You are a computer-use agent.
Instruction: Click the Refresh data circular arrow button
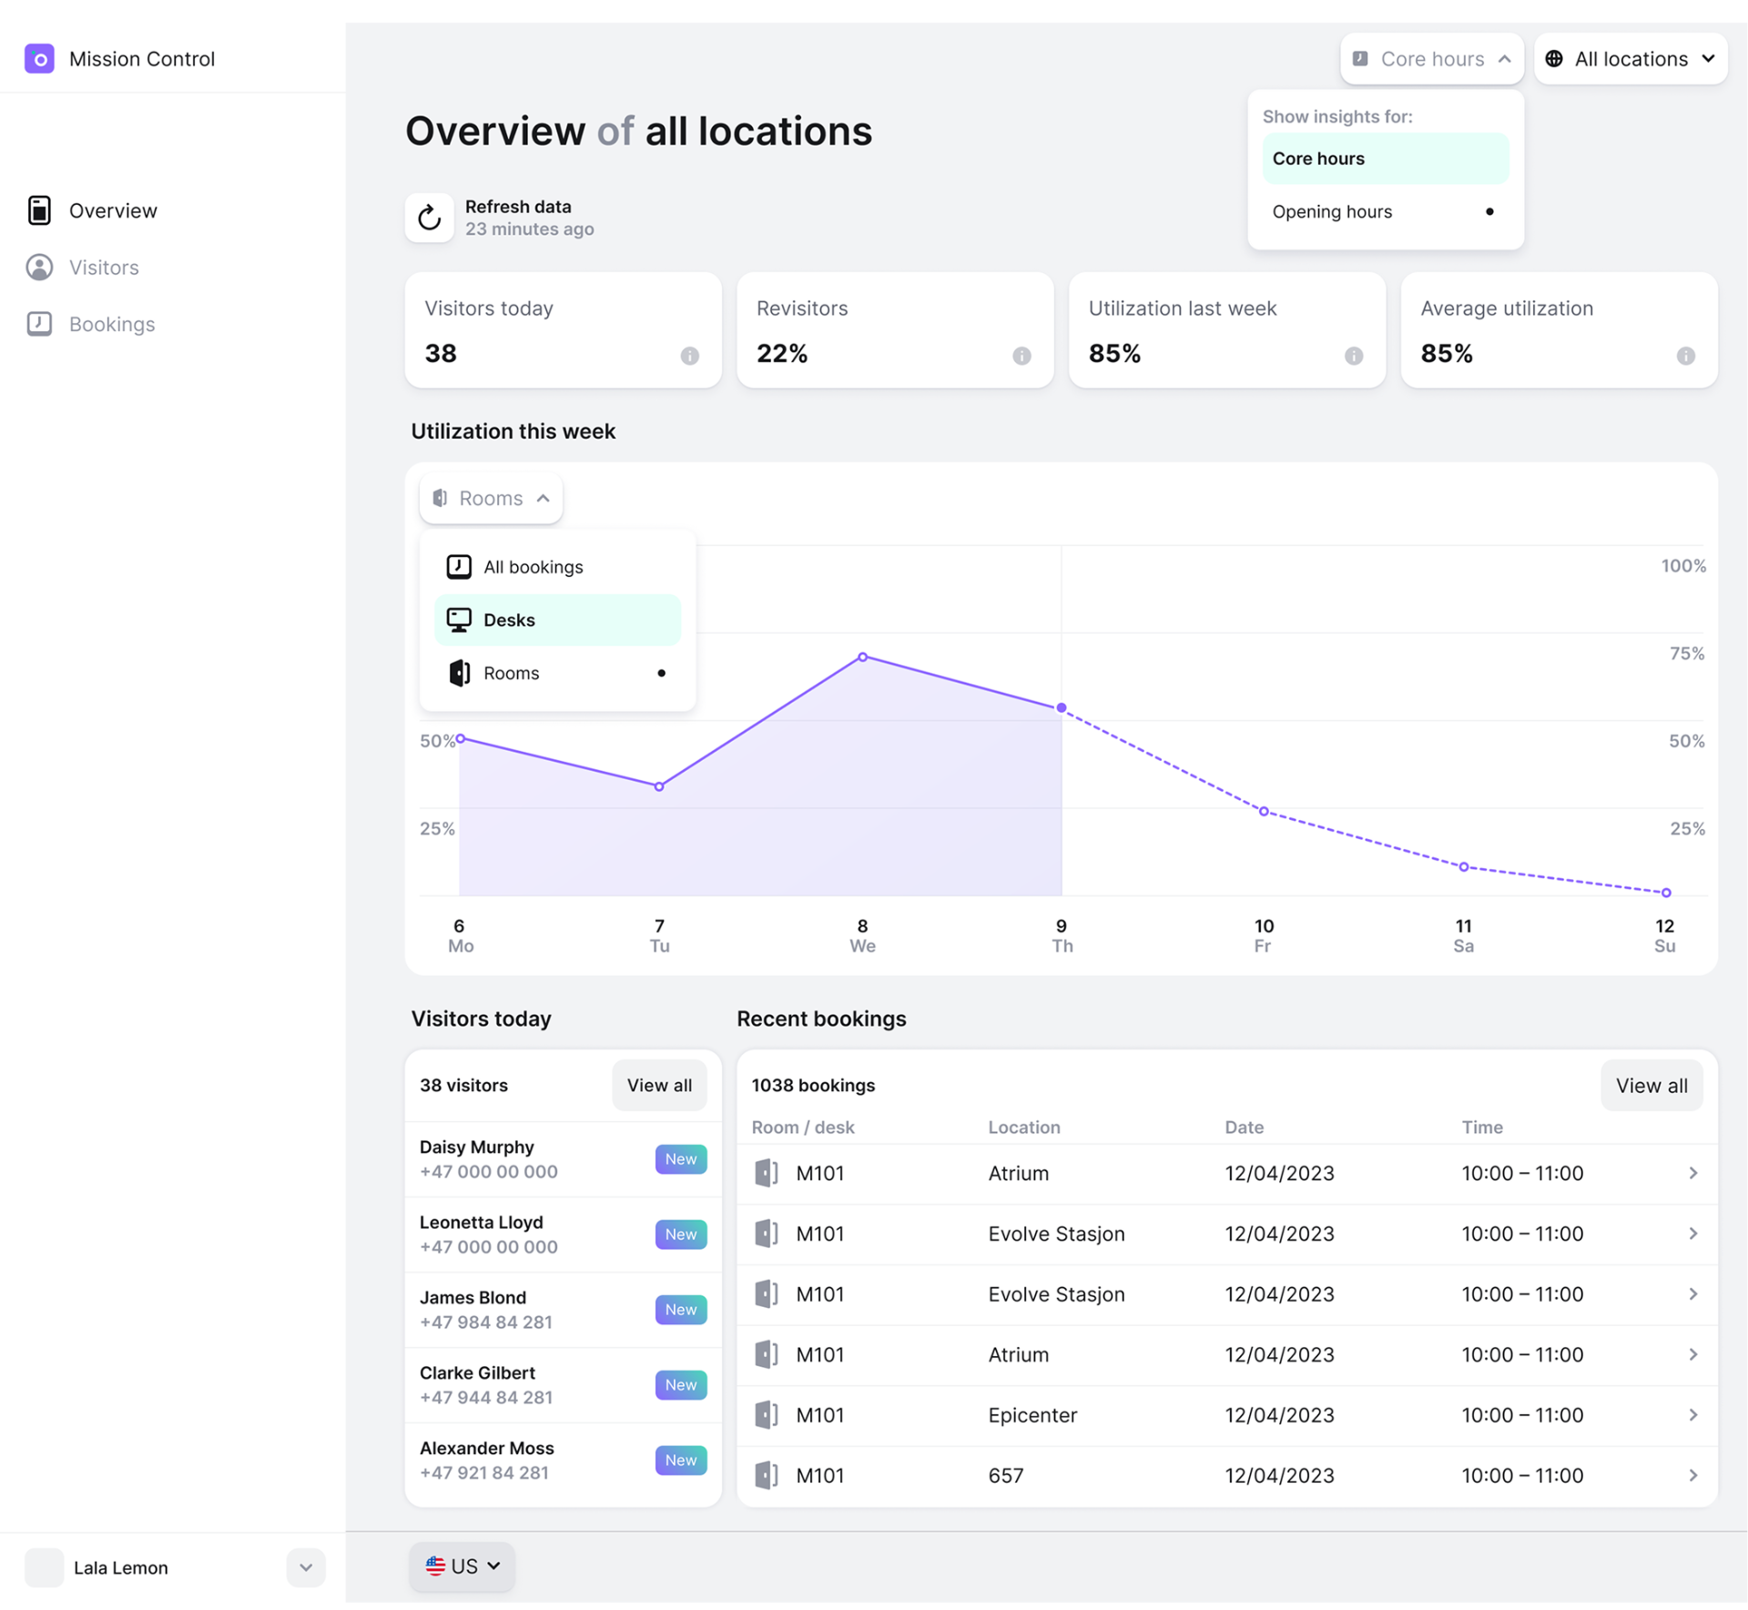coord(429,218)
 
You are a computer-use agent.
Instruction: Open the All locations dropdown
coord(1630,59)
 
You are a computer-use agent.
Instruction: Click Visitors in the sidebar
coord(104,268)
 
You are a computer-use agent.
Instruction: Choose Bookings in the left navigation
coord(112,324)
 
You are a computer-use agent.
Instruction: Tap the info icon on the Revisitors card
coord(1021,356)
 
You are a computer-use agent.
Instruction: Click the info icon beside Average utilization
coord(1685,356)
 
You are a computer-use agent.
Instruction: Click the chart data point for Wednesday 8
coord(862,657)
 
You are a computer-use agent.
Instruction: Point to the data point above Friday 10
coord(1264,811)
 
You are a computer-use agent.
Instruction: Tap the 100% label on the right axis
coord(1682,566)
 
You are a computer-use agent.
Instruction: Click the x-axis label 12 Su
coord(1664,936)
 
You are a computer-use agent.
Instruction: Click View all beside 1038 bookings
coord(1651,1085)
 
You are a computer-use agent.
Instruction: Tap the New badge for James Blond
coord(680,1309)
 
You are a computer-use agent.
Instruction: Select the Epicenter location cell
coord(1032,1415)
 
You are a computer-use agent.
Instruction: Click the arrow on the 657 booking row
coord(1692,1475)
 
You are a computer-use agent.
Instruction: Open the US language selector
coord(462,1566)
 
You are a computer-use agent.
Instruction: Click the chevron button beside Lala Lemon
coord(306,1567)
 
